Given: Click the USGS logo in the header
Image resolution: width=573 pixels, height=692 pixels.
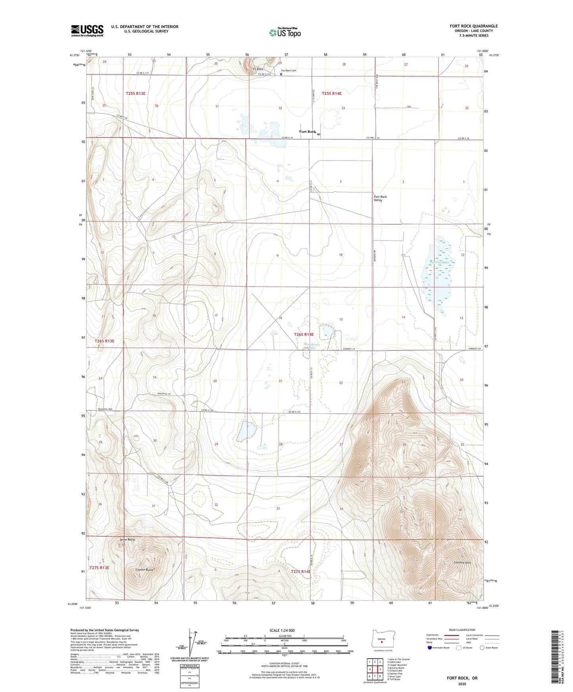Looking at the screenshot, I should [x=87, y=31].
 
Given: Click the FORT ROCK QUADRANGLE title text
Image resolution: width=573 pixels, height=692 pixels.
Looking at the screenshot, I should [x=473, y=26].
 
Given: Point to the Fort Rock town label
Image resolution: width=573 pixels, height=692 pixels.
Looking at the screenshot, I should [x=308, y=132].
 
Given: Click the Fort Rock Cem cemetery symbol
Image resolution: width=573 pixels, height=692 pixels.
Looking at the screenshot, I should [x=282, y=73].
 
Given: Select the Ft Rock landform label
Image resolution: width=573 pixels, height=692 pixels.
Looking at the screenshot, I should [x=258, y=69].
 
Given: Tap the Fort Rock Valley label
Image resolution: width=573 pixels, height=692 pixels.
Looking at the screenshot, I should [x=380, y=199].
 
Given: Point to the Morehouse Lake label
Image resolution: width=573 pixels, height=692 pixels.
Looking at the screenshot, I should [x=312, y=346].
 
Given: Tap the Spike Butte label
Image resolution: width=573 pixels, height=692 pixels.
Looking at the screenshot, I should [x=127, y=540].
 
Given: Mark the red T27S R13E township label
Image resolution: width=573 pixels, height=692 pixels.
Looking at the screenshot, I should [x=99, y=568].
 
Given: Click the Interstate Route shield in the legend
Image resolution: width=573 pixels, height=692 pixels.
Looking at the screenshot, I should [x=430, y=648].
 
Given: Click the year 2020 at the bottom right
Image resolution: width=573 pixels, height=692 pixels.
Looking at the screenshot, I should [x=462, y=684].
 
